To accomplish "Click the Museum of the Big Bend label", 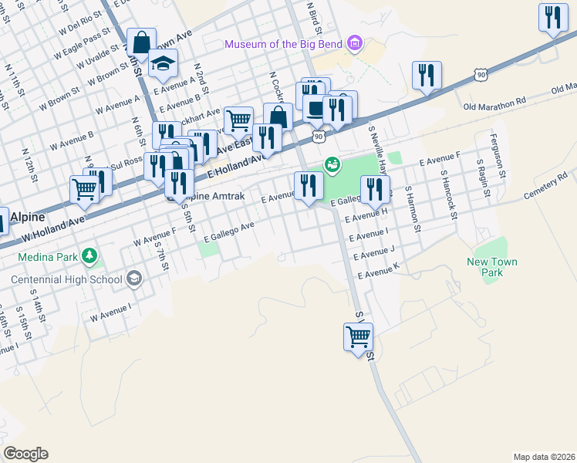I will coord(283,43).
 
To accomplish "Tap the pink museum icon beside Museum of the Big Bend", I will coord(354,43).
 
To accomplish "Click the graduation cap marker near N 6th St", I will coord(163,65).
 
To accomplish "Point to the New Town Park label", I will coord(492,267).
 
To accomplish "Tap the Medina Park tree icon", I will coord(89,255).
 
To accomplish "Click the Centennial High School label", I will coord(66,279).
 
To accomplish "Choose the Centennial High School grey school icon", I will coord(133,279).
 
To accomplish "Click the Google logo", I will coord(25,454).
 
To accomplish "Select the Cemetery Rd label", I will coord(545,188).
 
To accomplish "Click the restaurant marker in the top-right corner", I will coord(552,19).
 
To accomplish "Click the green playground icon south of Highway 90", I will coord(332,164).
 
